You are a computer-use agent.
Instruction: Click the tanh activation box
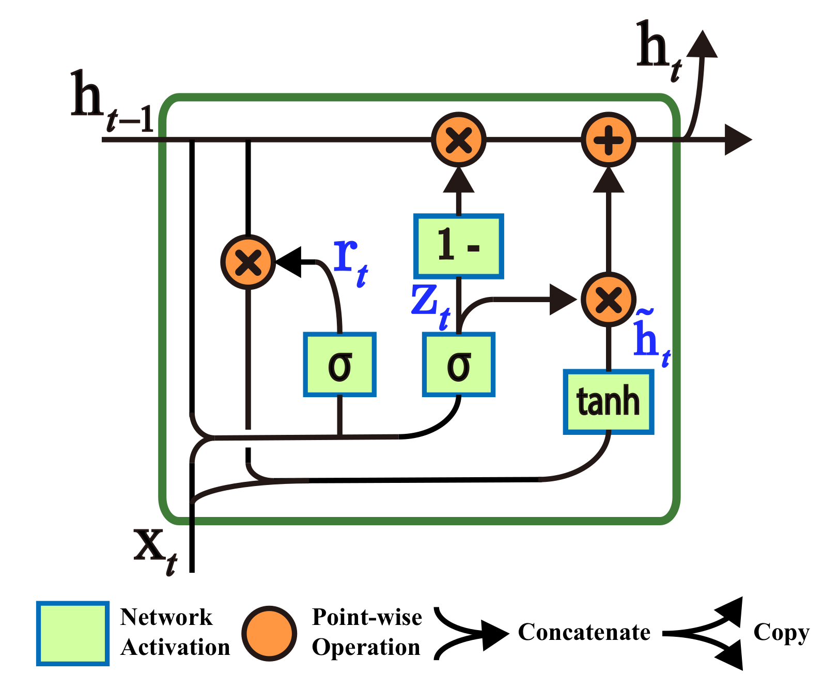pyautogui.click(x=608, y=402)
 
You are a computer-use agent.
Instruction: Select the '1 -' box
pyautogui.click(x=458, y=246)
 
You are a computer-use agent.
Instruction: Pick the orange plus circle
pyautogui.click(x=608, y=139)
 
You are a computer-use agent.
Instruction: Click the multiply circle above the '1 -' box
pyautogui.click(x=458, y=139)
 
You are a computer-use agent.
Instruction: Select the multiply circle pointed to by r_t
pyautogui.click(x=248, y=262)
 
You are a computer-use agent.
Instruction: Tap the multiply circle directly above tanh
pyautogui.click(x=608, y=300)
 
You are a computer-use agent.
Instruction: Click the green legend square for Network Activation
pyautogui.click(x=72, y=633)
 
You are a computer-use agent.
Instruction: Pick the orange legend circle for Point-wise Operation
pyautogui.click(x=269, y=633)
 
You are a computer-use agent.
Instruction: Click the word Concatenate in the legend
pyautogui.click(x=584, y=632)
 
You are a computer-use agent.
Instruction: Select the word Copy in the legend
pyautogui.click(x=781, y=632)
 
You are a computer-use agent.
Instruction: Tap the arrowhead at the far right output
pyautogui.click(x=737, y=139)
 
